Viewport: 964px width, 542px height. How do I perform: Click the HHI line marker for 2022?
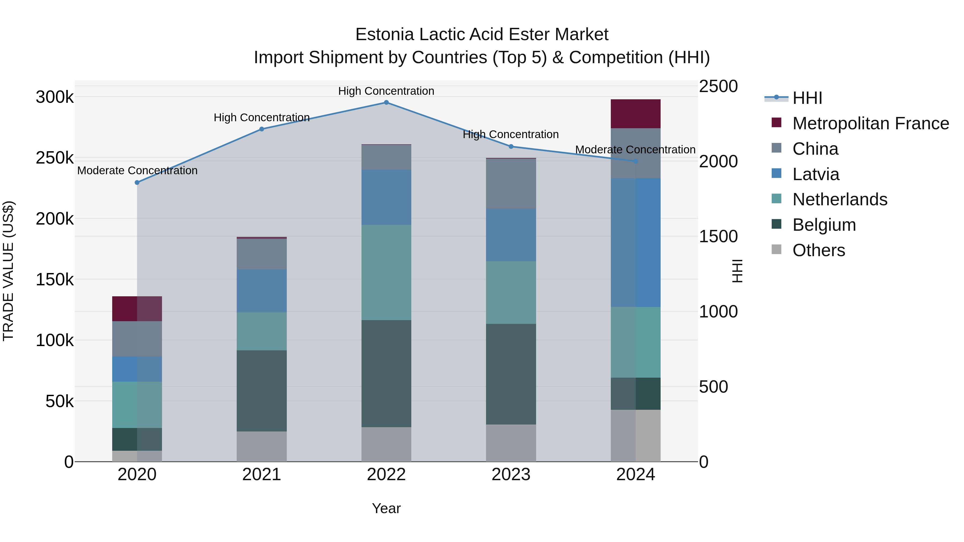386,103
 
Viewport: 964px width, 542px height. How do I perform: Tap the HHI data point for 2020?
137,183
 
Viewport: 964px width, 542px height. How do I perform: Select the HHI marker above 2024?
635,161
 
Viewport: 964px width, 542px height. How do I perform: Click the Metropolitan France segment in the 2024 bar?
635,114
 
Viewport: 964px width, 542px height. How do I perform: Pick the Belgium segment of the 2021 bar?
262,391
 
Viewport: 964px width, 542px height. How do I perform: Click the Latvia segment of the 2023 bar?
511,235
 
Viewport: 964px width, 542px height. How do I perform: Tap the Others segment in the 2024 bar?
635,435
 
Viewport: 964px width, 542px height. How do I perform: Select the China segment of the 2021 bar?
262,254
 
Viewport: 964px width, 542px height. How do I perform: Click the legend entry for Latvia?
816,174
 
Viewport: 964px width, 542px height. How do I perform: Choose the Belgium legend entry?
824,225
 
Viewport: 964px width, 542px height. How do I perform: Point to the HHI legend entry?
807,98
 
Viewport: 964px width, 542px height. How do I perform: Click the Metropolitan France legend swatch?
777,123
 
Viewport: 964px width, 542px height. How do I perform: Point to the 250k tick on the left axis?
55,158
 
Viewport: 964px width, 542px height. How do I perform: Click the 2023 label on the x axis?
511,475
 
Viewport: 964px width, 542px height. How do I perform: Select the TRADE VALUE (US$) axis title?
8,271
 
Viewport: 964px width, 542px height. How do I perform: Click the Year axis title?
386,508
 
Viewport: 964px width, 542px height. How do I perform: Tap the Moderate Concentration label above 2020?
137,170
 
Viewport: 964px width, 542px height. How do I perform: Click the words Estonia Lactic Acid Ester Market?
482,35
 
